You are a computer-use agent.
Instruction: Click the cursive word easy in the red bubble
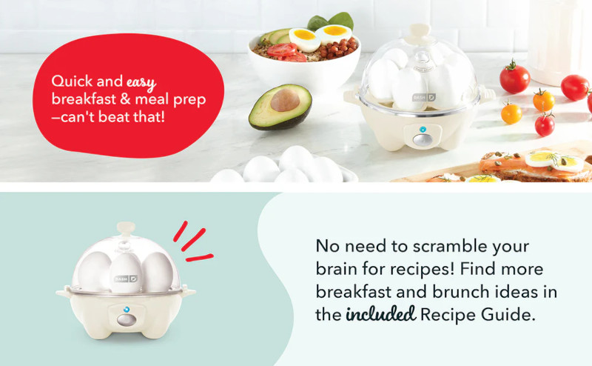click(x=141, y=83)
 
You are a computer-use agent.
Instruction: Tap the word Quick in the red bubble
click(x=72, y=81)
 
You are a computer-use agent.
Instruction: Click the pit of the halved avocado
click(x=285, y=100)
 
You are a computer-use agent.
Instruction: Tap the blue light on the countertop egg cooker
click(x=423, y=130)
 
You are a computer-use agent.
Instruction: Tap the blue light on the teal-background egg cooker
click(x=127, y=310)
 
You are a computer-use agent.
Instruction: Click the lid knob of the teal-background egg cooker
click(x=126, y=228)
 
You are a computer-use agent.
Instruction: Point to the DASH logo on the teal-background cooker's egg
click(x=126, y=279)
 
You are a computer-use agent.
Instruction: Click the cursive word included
click(x=380, y=314)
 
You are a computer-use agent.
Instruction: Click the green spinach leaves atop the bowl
click(x=331, y=21)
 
